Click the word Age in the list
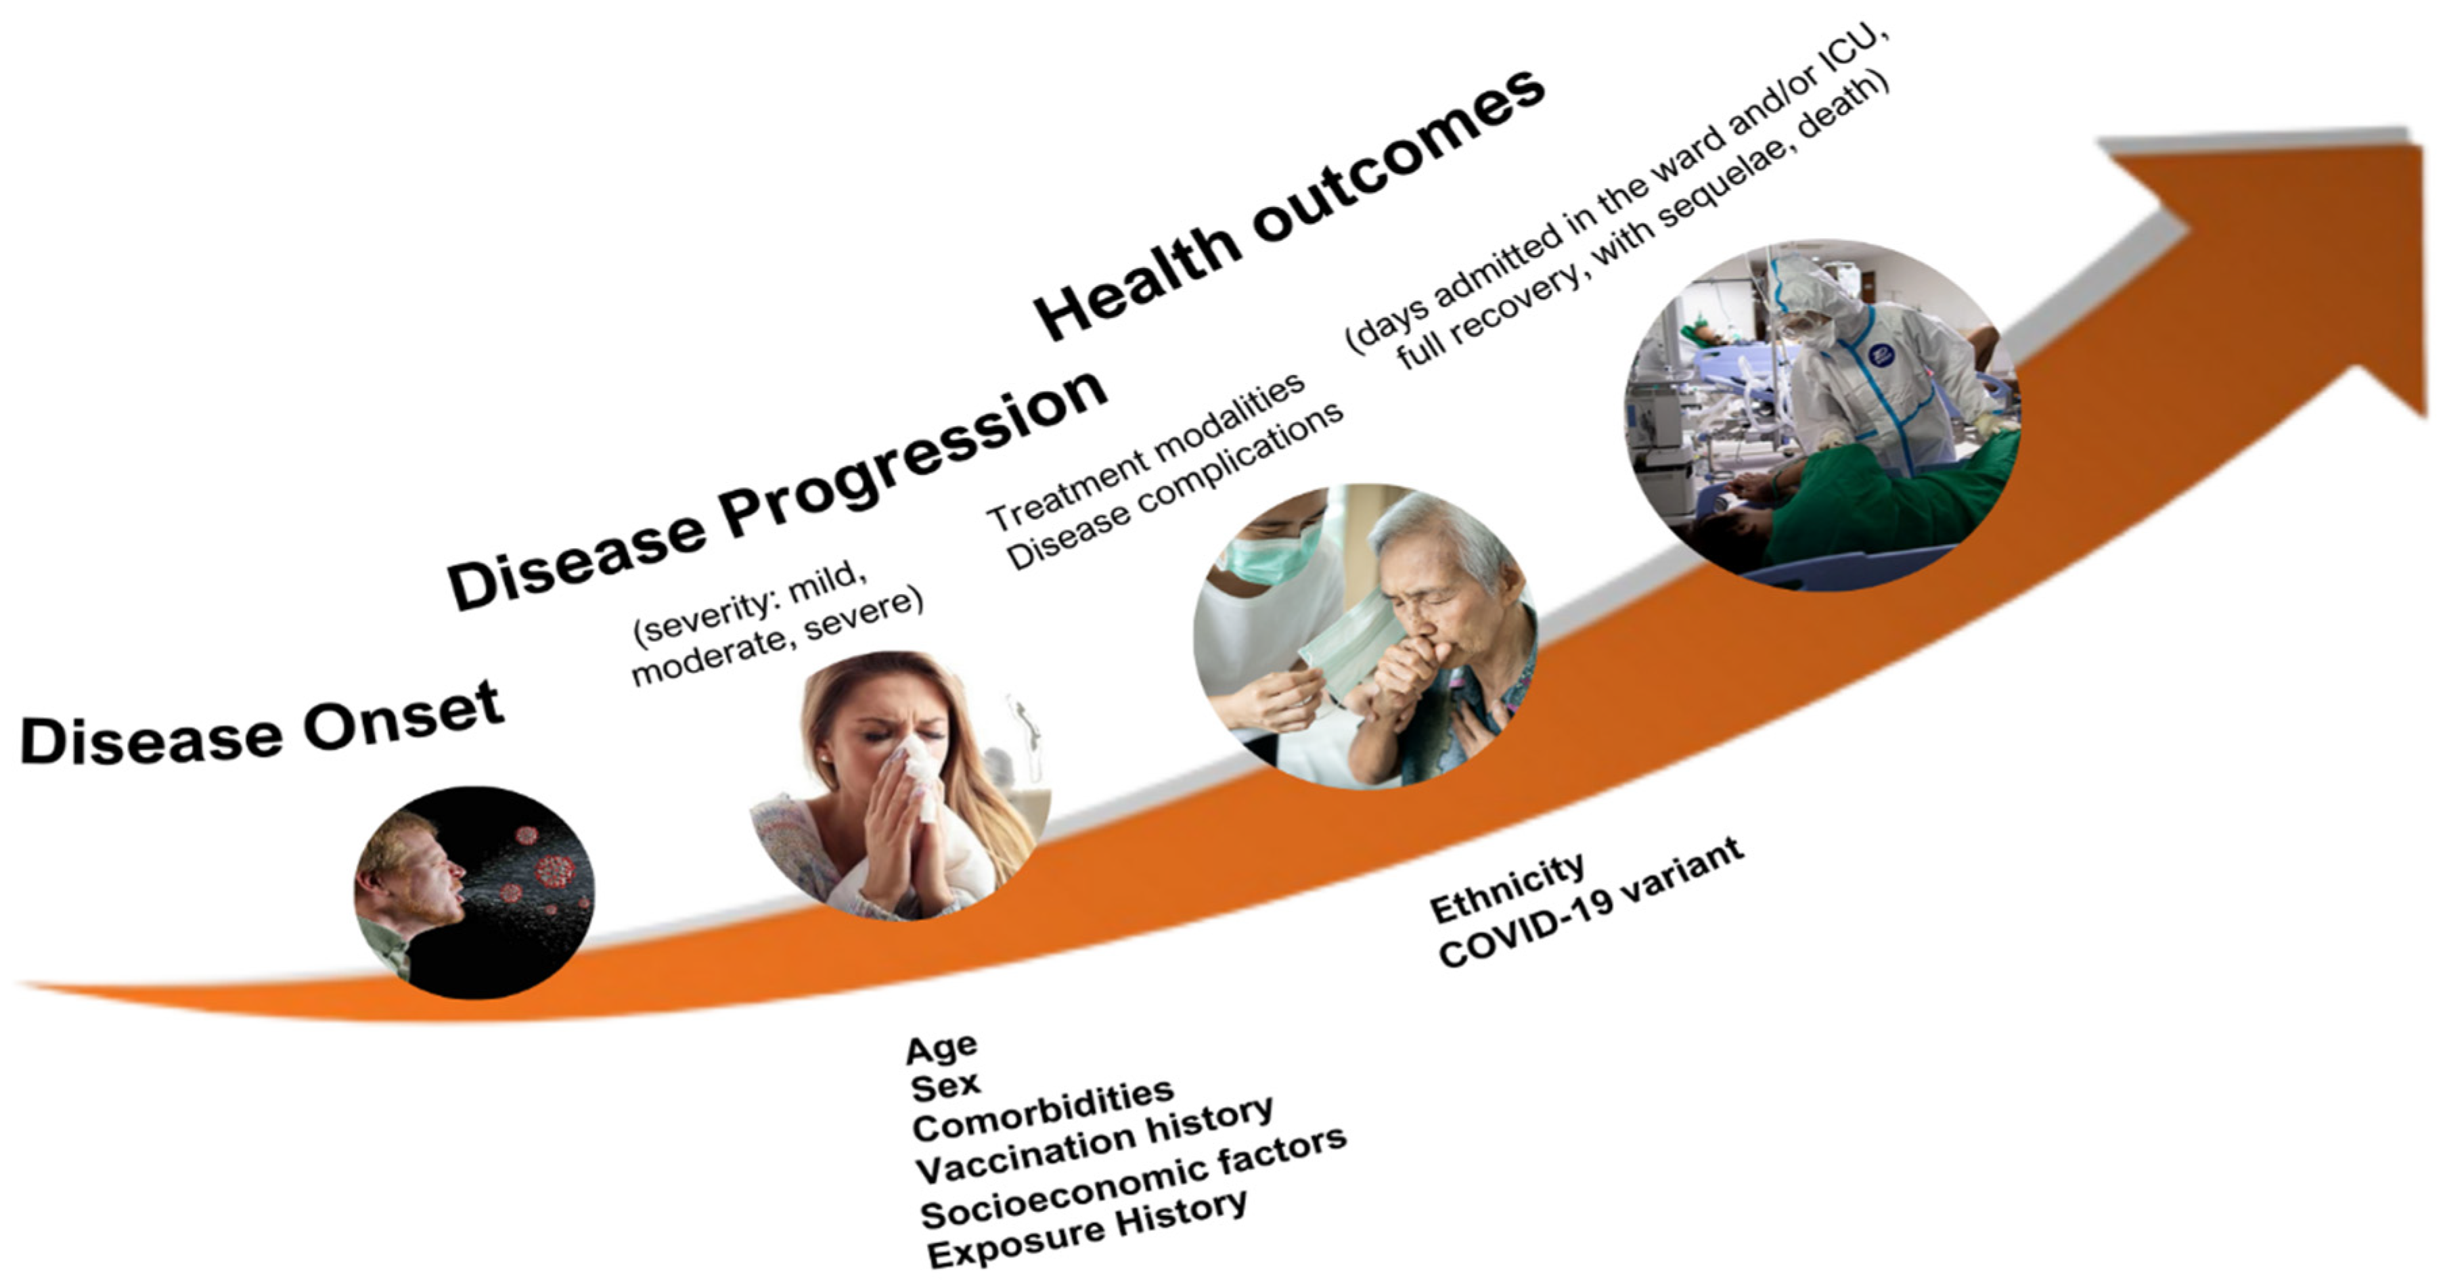941,1047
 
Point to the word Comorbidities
1042,1110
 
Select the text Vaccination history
1094,1140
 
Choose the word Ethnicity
1507,886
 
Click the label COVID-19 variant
1591,903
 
